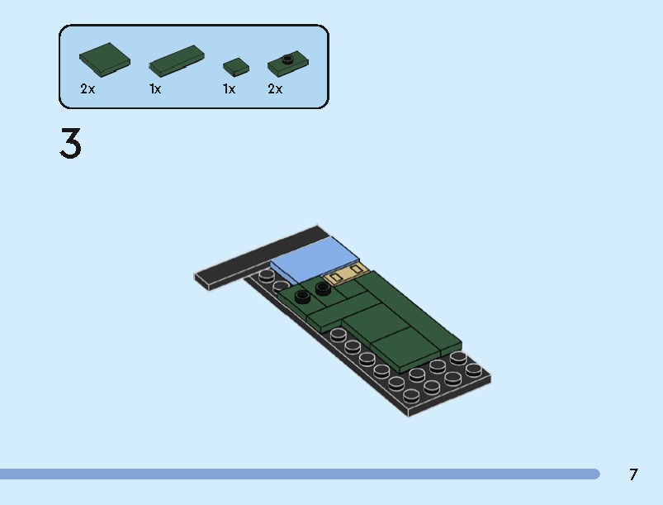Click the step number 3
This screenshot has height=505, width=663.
(x=71, y=145)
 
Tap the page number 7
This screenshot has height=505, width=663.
(x=633, y=474)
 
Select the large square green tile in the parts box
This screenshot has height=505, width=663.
(x=105, y=58)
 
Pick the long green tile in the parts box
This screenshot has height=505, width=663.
(x=177, y=61)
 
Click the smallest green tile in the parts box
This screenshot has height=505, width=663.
(x=235, y=66)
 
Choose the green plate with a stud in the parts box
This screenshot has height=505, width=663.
(x=288, y=61)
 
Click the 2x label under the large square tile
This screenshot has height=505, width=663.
(x=88, y=89)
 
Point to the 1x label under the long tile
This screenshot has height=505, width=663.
(x=155, y=89)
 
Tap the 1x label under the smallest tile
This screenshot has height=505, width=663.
(x=229, y=89)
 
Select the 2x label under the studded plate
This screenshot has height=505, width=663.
(x=275, y=89)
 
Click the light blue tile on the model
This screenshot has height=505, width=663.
(x=314, y=258)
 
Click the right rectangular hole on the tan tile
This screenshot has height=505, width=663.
(x=358, y=269)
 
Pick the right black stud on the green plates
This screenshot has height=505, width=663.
(x=322, y=288)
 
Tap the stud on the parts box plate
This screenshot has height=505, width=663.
(x=288, y=58)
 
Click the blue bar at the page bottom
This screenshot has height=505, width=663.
(x=297, y=474)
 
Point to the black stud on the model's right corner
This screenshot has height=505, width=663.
(x=473, y=369)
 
